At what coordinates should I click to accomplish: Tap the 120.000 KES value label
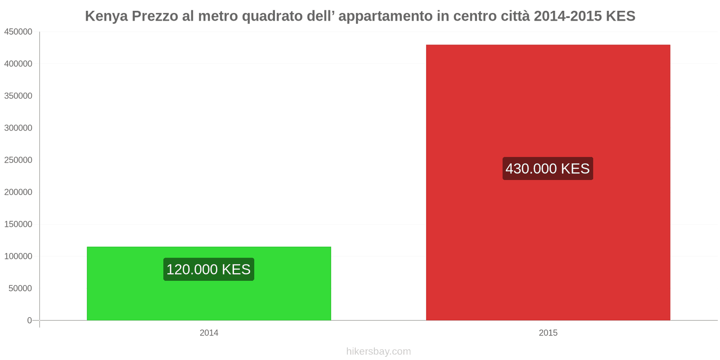click(208, 269)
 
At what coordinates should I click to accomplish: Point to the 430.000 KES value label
click(547, 168)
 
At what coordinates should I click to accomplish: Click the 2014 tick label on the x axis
click(209, 333)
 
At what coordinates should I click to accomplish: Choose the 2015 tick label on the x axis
click(548, 333)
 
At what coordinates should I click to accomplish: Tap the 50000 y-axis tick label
click(20, 288)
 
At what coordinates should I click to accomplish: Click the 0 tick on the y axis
click(29, 320)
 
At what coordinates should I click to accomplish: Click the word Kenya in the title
click(106, 16)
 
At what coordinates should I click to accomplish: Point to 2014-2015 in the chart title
click(567, 16)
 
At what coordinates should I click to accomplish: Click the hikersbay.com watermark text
click(378, 351)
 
